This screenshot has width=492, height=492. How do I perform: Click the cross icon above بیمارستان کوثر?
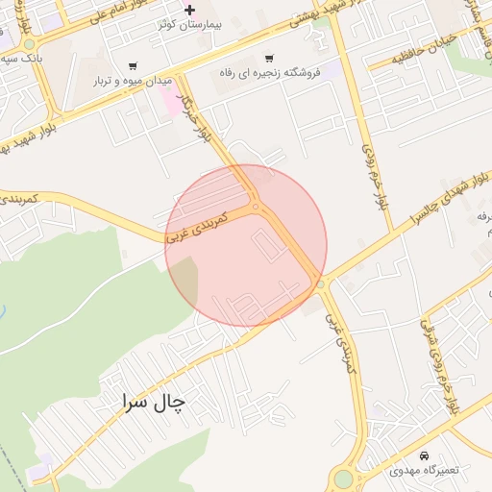[x=189, y=10]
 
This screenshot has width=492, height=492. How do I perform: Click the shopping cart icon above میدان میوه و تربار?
[x=132, y=66]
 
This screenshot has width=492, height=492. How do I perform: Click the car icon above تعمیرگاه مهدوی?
[x=425, y=455]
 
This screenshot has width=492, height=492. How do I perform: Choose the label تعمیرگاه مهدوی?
[x=425, y=470]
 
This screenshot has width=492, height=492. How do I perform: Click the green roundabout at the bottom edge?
[x=343, y=479]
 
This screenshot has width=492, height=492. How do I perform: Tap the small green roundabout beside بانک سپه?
[x=29, y=43]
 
